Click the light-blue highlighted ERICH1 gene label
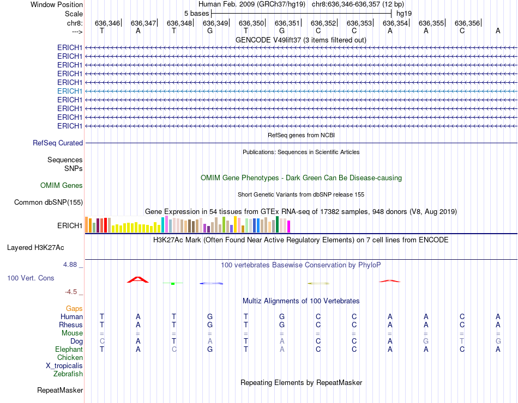pos(70,91)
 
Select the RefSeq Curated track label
pos(58,143)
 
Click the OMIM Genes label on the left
pos(62,186)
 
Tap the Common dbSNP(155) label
pos(49,203)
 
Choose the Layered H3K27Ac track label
pos(35,247)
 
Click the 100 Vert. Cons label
pos(31,278)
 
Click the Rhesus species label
pos(71,325)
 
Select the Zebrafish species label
pos(68,374)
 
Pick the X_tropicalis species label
pos(64,366)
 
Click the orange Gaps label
pos(74,309)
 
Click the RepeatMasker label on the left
pos(60,390)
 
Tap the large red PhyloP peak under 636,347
pos(138,279)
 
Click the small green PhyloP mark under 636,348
pos(172,283)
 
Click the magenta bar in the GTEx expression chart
pos(289,226)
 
